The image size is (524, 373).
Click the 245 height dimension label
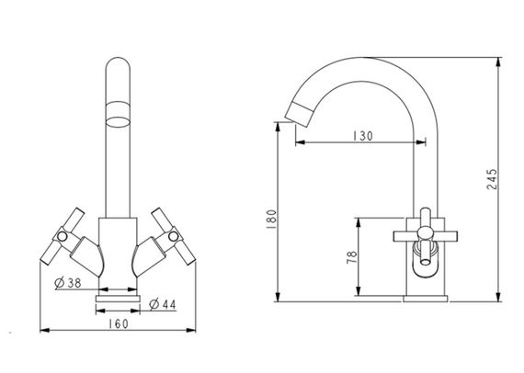(493, 181)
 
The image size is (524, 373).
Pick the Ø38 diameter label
(64, 282)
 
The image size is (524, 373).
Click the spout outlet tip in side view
(302, 114)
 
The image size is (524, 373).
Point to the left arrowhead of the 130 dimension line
(297, 141)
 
